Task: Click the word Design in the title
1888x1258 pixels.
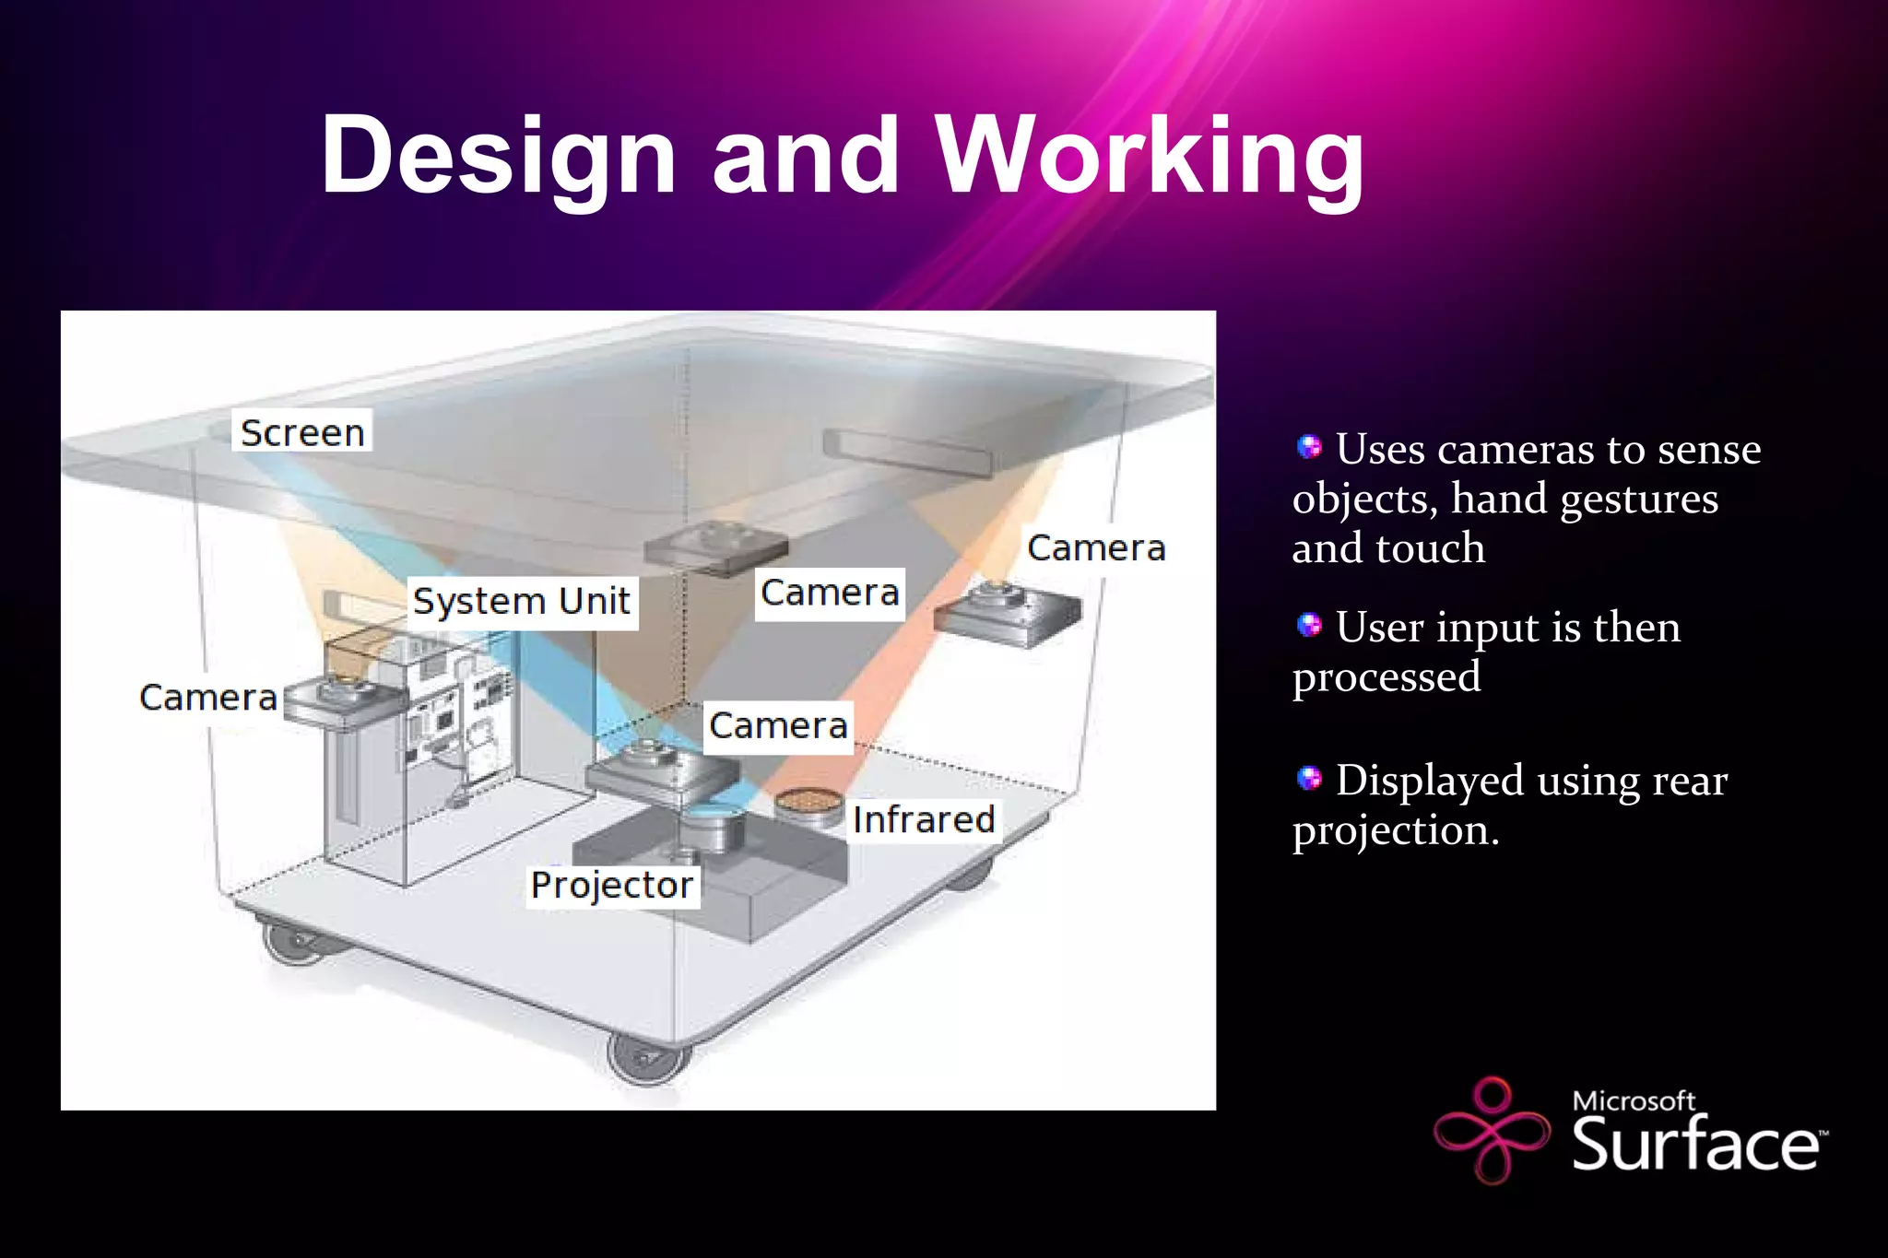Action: pos(498,157)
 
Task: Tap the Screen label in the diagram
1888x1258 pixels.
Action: pos(301,431)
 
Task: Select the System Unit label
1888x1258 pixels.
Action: pos(522,601)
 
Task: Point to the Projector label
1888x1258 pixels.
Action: pos(612,885)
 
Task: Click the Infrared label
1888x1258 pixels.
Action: pos(923,819)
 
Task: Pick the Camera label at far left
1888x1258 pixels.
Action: pos(208,698)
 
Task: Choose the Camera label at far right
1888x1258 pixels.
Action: pos(1096,548)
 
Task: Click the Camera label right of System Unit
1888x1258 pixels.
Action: pos(830,593)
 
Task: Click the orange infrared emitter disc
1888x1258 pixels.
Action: pos(807,803)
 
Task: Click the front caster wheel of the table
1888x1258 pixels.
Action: pos(647,1060)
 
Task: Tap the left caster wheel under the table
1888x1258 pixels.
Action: pos(291,943)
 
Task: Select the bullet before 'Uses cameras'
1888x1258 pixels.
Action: pos(1309,448)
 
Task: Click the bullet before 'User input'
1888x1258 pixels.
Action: pos(1309,626)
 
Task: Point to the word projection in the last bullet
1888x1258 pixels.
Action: pos(1395,830)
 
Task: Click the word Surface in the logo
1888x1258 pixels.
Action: pos(1694,1144)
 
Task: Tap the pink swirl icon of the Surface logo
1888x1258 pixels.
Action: pos(1492,1129)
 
